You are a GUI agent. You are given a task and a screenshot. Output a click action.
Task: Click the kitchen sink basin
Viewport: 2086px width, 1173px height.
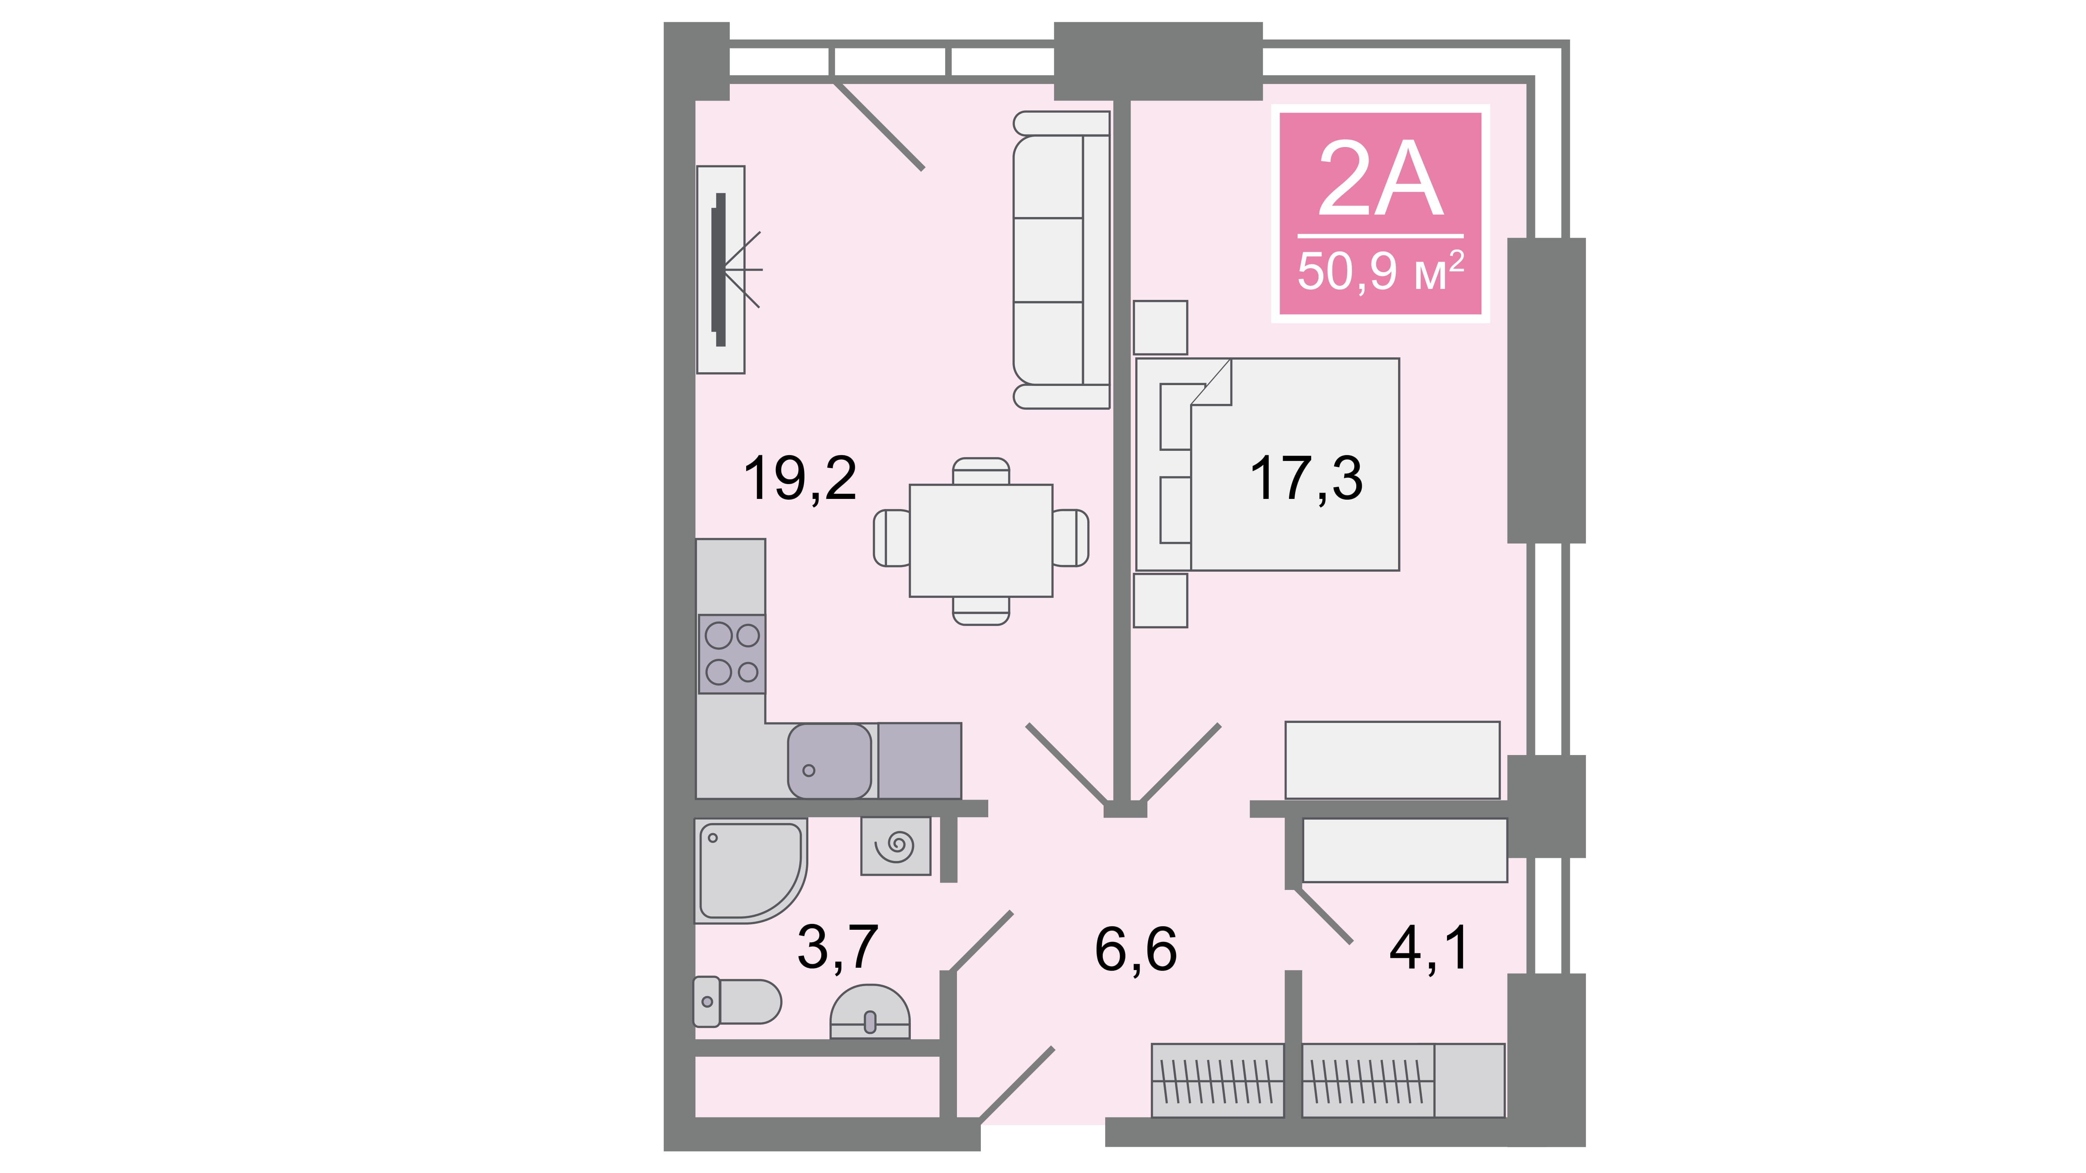click(829, 761)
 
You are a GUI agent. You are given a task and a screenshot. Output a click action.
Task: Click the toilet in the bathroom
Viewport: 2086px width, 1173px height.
click(737, 1001)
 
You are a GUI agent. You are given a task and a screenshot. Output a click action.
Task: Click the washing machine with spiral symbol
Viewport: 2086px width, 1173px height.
click(896, 846)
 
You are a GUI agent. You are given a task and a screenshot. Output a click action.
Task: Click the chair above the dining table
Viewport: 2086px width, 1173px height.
click(981, 471)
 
